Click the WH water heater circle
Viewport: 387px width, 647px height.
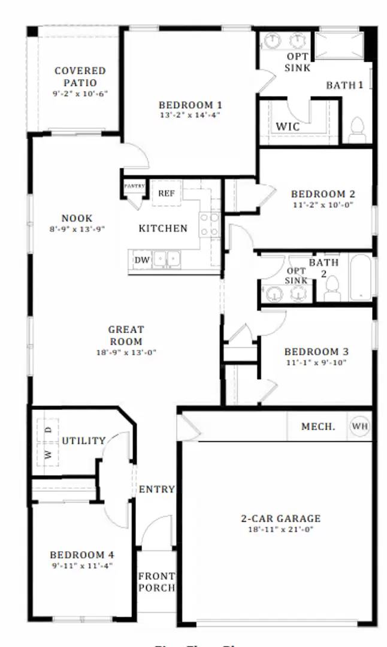coord(359,427)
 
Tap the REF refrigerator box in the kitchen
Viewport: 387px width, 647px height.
coord(166,194)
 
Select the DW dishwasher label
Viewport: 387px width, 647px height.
coord(141,259)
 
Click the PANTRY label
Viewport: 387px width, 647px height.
coord(135,186)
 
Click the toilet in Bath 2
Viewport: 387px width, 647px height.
coord(332,288)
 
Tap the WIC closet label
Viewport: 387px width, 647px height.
coord(288,127)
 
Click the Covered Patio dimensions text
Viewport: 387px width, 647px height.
coord(80,93)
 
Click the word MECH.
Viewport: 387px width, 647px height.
coord(318,427)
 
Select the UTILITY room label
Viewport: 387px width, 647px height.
coord(84,441)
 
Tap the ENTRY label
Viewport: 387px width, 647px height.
coord(156,489)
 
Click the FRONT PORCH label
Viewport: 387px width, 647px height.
coord(156,582)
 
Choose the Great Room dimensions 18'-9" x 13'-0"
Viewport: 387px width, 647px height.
coord(126,352)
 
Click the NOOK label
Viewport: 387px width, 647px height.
coord(77,218)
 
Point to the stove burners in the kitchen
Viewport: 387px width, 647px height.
coord(210,225)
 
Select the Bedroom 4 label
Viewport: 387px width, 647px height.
coord(81,555)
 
